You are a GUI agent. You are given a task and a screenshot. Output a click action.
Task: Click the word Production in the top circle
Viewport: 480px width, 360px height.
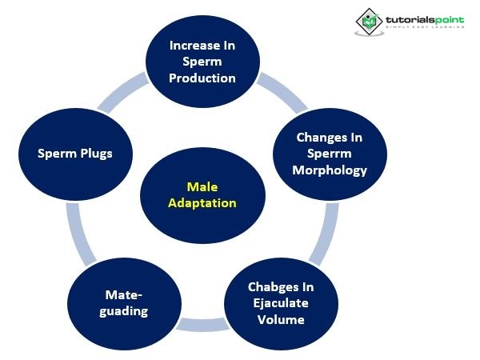(202, 78)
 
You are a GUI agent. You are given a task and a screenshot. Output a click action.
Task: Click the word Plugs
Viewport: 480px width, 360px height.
(94, 154)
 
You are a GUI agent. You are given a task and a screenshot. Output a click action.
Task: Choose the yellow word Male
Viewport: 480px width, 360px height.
(202, 187)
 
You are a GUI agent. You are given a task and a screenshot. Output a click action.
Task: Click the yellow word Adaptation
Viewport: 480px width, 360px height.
(202, 203)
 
